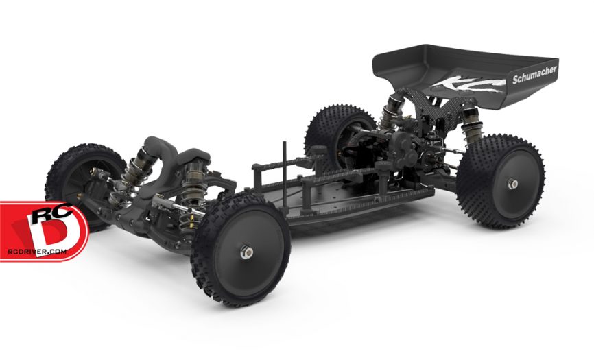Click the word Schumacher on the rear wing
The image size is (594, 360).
pyautogui.click(x=534, y=75)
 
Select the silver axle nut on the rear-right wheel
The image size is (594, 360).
pyautogui.click(x=512, y=184)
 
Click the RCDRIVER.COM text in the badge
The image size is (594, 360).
pyautogui.click(x=37, y=252)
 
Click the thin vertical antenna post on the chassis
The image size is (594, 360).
pyautogui.click(x=284, y=176)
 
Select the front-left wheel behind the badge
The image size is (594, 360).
pyautogui.click(x=84, y=182)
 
